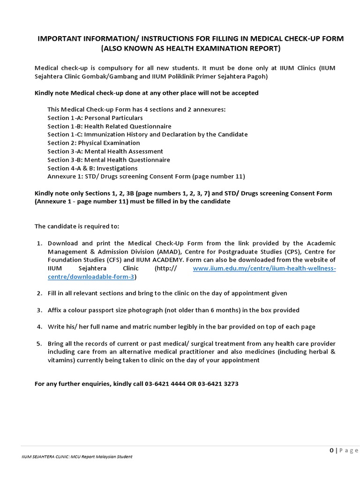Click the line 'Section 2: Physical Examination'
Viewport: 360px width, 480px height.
[x=93, y=143]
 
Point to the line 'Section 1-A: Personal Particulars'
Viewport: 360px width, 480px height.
[x=95, y=118]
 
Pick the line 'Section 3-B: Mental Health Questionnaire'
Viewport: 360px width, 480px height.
[x=109, y=160]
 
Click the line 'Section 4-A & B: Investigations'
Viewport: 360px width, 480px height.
[x=92, y=168]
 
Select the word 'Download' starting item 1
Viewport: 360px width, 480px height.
[x=63, y=243]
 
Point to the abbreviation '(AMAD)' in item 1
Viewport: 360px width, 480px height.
[x=167, y=252]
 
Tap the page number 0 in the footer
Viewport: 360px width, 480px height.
[x=331, y=450]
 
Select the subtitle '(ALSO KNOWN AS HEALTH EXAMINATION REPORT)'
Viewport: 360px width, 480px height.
[x=190, y=49]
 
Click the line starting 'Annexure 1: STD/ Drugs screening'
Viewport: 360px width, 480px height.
[x=146, y=177]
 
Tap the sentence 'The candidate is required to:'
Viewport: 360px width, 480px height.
[x=77, y=226]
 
